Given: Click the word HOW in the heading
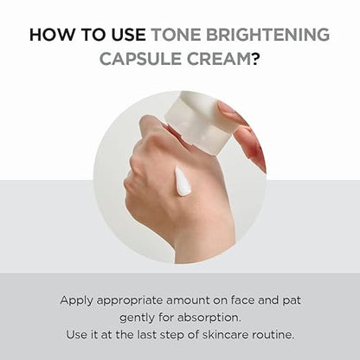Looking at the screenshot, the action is click(x=51, y=35).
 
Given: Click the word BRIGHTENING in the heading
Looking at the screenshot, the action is click(x=268, y=35).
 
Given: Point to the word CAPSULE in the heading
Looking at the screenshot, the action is click(x=141, y=59).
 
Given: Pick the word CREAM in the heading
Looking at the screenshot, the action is click(x=219, y=59).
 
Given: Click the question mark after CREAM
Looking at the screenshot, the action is click(x=255, y=59).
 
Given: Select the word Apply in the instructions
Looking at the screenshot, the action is click(x=76, y=301).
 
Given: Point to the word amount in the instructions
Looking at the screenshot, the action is click(x=188, y=301).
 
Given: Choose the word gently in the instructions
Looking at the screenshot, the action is click(x=138, y=318).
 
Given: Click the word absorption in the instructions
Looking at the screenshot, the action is click(x=209, y=318).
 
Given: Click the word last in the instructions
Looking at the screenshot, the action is click(x=147, y=335).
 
